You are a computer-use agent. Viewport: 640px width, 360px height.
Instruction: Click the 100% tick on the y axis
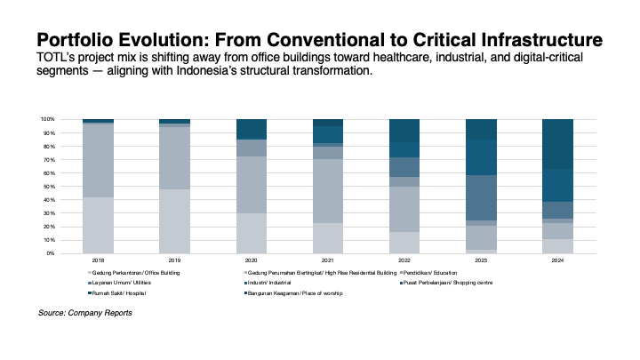[x=48, y=119]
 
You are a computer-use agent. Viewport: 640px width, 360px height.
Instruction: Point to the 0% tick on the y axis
[x=52, y=253]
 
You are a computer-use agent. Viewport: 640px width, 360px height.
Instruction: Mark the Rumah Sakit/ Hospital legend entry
[x=119, y=293]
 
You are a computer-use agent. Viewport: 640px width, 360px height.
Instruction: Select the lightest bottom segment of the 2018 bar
[x=98, y=225]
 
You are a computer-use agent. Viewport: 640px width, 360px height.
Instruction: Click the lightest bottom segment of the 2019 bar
[x=174, y=220]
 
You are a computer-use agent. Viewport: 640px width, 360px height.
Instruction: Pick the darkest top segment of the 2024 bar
[x=558, y=143]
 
